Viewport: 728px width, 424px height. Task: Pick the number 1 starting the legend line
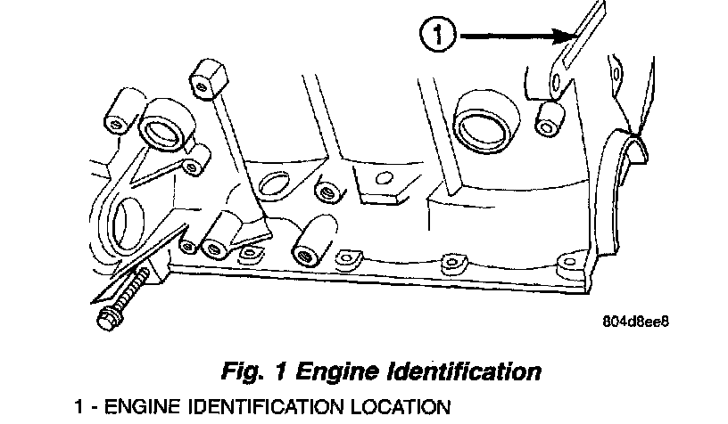point(79,408)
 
